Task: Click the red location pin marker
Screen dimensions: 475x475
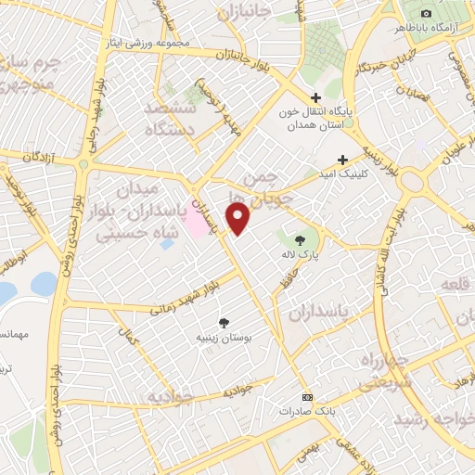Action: [239, 220]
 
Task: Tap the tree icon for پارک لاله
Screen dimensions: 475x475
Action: [299, 240]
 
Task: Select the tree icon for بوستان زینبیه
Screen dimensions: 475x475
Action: [224, 323]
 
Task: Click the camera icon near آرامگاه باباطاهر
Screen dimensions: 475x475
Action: [426, 13]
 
